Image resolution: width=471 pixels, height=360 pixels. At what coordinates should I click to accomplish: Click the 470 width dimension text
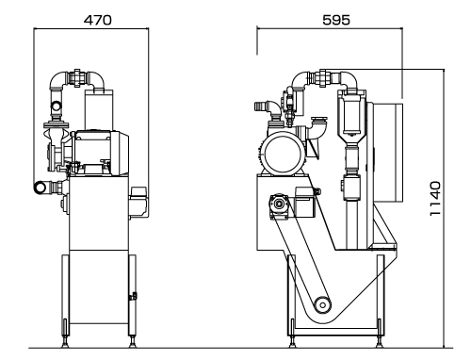[x=97, y=20]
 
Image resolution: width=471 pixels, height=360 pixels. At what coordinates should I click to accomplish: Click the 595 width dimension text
[x=336, y=20]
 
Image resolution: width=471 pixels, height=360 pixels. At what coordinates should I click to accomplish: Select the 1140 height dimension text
[x=435, y=199]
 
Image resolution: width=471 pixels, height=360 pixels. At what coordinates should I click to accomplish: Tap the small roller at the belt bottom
[x=322, y=304]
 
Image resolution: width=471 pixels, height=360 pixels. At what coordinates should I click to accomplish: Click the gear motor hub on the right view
[x=279, y=205]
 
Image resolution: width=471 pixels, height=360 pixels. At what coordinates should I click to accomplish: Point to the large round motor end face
[x=283, y=154]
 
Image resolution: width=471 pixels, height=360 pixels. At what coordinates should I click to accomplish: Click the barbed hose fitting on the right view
[x=260, y=106]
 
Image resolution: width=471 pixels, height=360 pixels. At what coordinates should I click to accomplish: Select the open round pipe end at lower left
[x=40, y=187]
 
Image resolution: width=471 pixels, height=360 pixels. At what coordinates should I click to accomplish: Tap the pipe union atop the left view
[x=77, y=77]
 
